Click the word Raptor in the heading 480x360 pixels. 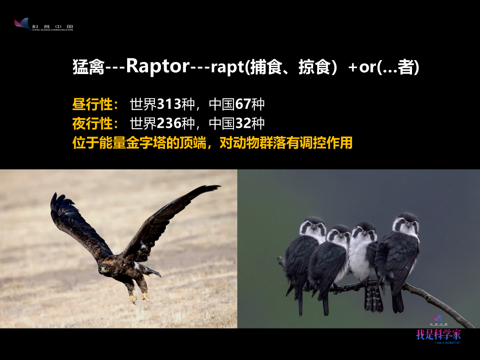coord(158,66)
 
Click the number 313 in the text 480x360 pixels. coord(169,104)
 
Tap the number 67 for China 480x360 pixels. coord(243,104)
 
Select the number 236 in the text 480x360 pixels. coord(169,123)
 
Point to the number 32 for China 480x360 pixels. coord(243,123)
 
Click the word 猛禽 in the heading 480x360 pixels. coord(88,67)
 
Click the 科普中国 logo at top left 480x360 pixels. coord(43,25)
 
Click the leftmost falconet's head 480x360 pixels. coord(313,227)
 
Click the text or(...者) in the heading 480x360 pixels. coord(389,67)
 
